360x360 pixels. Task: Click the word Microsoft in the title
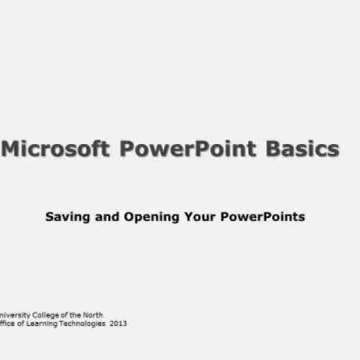[57, 149]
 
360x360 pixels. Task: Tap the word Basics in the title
[302, 149]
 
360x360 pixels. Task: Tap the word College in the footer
[48, 315]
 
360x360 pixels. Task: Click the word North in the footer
[92, 315]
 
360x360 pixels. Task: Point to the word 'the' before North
[75, 315]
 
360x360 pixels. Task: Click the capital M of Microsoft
[13, 149]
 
